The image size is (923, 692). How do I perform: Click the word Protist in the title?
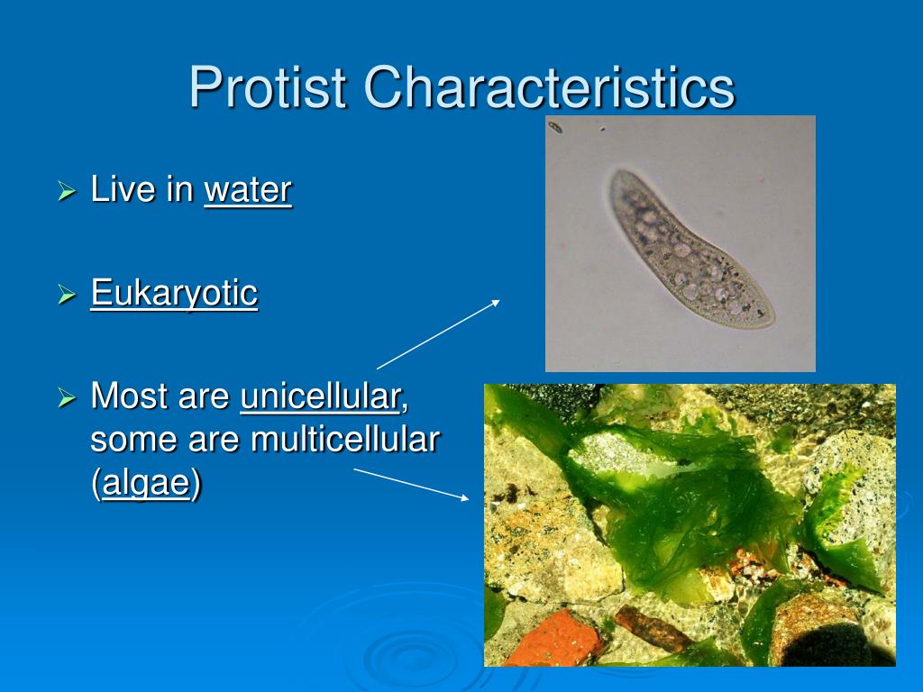267,86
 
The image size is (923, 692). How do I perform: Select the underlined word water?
248,189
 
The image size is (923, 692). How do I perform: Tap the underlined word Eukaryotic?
174,293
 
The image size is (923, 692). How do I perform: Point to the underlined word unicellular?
320,396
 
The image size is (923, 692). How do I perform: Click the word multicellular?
345,439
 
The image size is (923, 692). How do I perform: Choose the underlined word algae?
147,484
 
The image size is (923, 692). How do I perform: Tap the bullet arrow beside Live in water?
67,191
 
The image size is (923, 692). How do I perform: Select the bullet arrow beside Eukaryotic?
67,295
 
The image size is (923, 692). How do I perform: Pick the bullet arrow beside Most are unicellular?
67,397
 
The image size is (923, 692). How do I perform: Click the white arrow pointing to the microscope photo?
438,335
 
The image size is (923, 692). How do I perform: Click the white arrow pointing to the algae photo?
411,484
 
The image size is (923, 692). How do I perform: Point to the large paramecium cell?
689,249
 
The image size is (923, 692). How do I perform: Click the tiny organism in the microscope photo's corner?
555,126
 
